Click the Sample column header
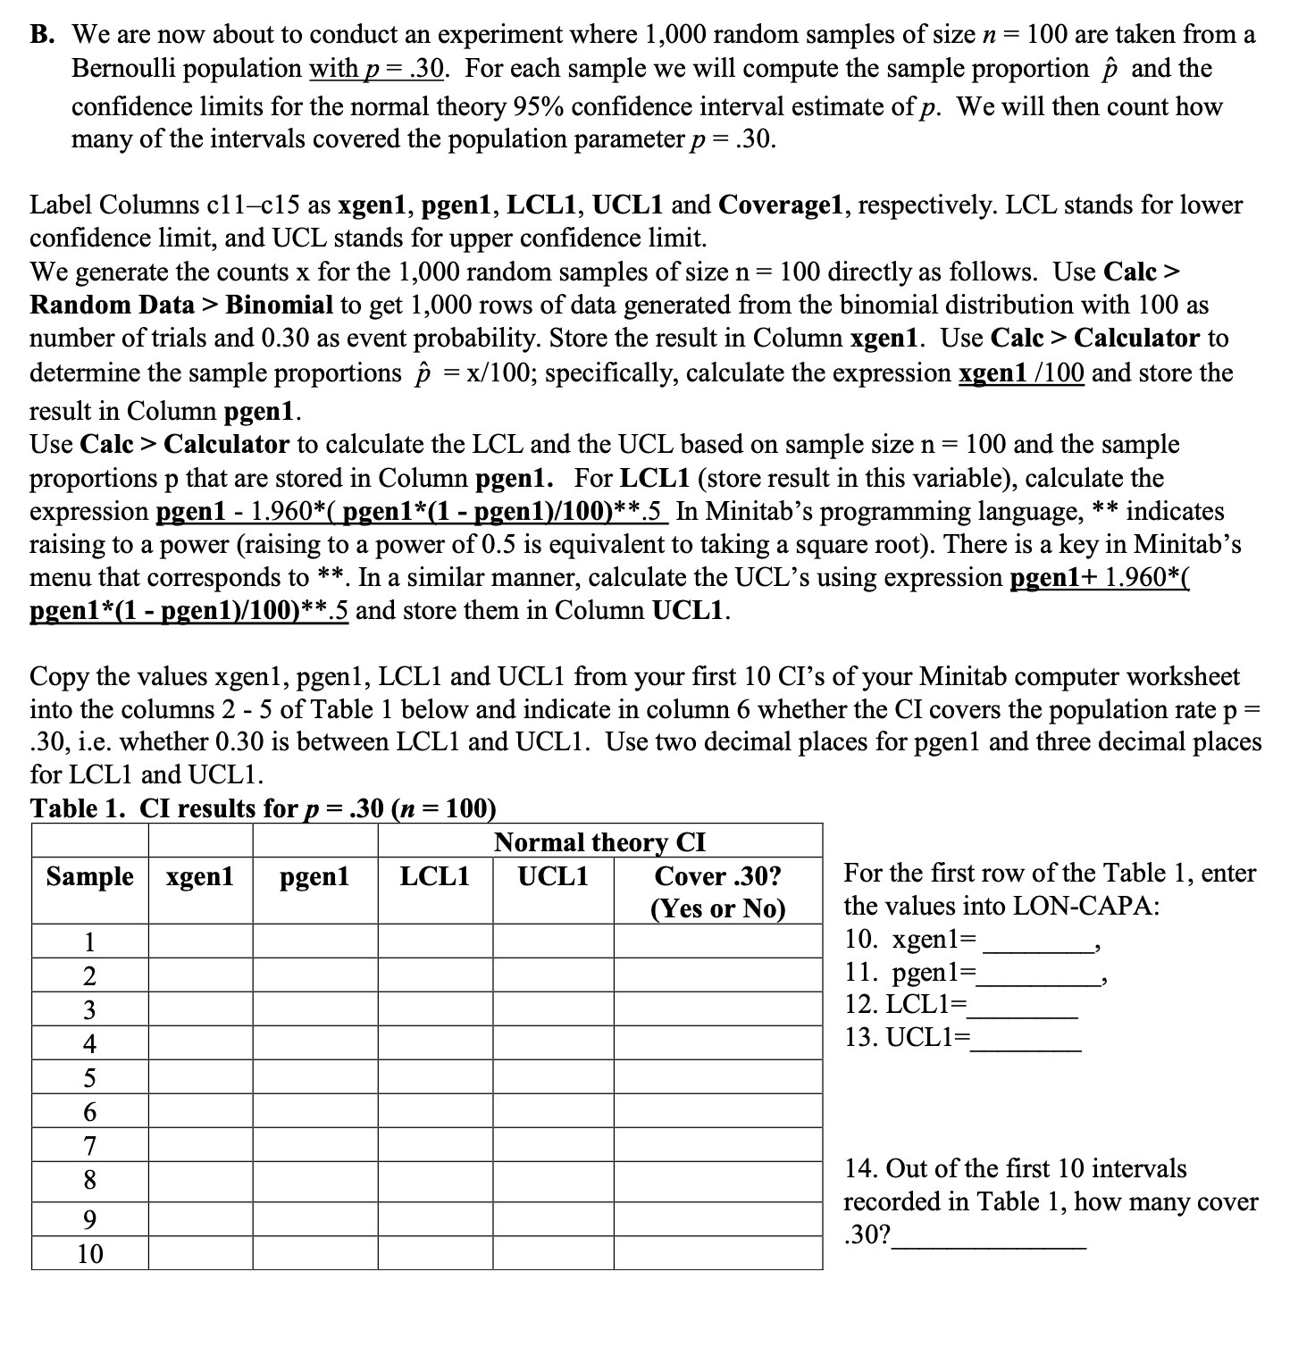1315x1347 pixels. [89, 876]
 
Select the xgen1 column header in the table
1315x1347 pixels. [200, 876]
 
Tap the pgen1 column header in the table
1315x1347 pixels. [315, 876]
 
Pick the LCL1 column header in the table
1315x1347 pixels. [435, 876]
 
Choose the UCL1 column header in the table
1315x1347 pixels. [553, 876]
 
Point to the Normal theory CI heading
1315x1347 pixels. [599, 842]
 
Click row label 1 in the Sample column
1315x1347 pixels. [89, 941]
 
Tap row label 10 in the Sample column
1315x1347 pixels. [89, 1253]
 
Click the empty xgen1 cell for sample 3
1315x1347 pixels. [200, 1009]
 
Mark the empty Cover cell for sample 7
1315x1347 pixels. [717, 1144]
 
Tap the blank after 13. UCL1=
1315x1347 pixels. [1027, 1039]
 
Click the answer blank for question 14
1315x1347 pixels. [992, 1236]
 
